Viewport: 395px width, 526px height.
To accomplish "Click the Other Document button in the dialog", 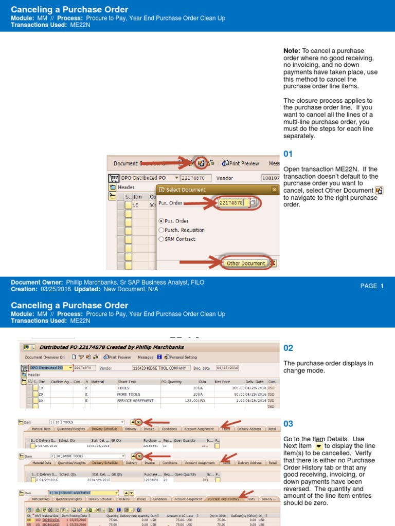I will point(246,263).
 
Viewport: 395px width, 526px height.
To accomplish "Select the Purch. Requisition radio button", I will point(162,230).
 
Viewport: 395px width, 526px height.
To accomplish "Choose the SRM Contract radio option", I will point(162,239).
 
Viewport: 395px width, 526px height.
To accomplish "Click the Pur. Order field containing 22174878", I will point(233,203).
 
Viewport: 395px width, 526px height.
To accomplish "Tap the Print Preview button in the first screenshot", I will point(241,163).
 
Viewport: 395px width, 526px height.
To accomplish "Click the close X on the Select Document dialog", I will point(274,190).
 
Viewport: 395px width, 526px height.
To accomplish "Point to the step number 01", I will point(288,154).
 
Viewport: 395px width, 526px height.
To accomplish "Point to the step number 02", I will point(288,348).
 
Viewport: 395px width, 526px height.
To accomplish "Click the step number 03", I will point(288,424).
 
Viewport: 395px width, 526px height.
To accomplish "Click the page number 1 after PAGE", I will point(382,286).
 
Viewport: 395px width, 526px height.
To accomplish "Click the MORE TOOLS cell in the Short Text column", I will point(129,394).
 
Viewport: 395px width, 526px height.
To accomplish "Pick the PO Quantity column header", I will point(171,382).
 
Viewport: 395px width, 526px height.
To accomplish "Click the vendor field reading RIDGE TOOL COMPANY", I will point(160,368).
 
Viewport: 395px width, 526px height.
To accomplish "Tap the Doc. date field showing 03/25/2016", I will point(227,368).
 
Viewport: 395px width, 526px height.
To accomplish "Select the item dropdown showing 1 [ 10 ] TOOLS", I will point(86,422).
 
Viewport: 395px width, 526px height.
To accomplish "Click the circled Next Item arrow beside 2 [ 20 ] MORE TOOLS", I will point(139,456).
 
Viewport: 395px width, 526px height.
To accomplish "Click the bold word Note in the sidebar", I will point(291,51).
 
